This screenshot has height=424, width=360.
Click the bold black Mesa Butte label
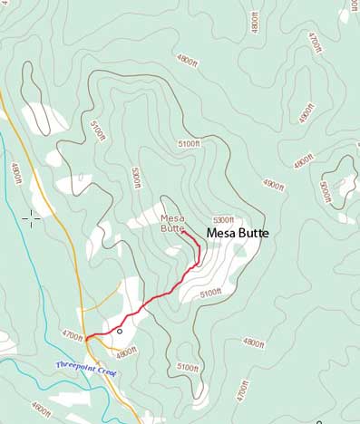click(238, 233)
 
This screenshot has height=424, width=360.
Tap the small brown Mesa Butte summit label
click(171, 223)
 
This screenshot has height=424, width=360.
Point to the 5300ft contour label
click(223, 220)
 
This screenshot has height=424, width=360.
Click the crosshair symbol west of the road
click(31, 217)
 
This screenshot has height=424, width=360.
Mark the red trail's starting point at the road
click(87, 338)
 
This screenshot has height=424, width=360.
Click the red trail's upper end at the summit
click(184, 232)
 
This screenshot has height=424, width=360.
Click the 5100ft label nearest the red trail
click(210, 293)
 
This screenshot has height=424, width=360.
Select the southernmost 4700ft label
click(241, 390)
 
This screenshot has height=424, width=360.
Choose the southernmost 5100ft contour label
click(187, 368)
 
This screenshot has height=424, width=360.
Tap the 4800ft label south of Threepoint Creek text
click(41, 408)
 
